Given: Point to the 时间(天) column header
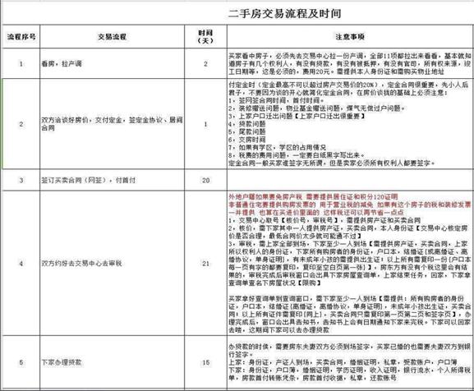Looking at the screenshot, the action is pyautogui.click(x=207, y=36).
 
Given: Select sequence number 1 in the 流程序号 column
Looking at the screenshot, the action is pyautogui.click(x=21, y=63).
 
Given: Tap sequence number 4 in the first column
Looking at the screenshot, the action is pyautogui.click(x=21, y=265).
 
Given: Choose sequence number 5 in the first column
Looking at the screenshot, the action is pyautogui.click(x=21, y=362).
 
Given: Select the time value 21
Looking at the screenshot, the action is pyautogui.click(x=207, y=265).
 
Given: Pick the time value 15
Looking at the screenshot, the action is pyautogui.click(x=207, y=362).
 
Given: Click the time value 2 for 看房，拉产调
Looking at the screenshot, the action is pyautogui.click(x=207, y=63).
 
